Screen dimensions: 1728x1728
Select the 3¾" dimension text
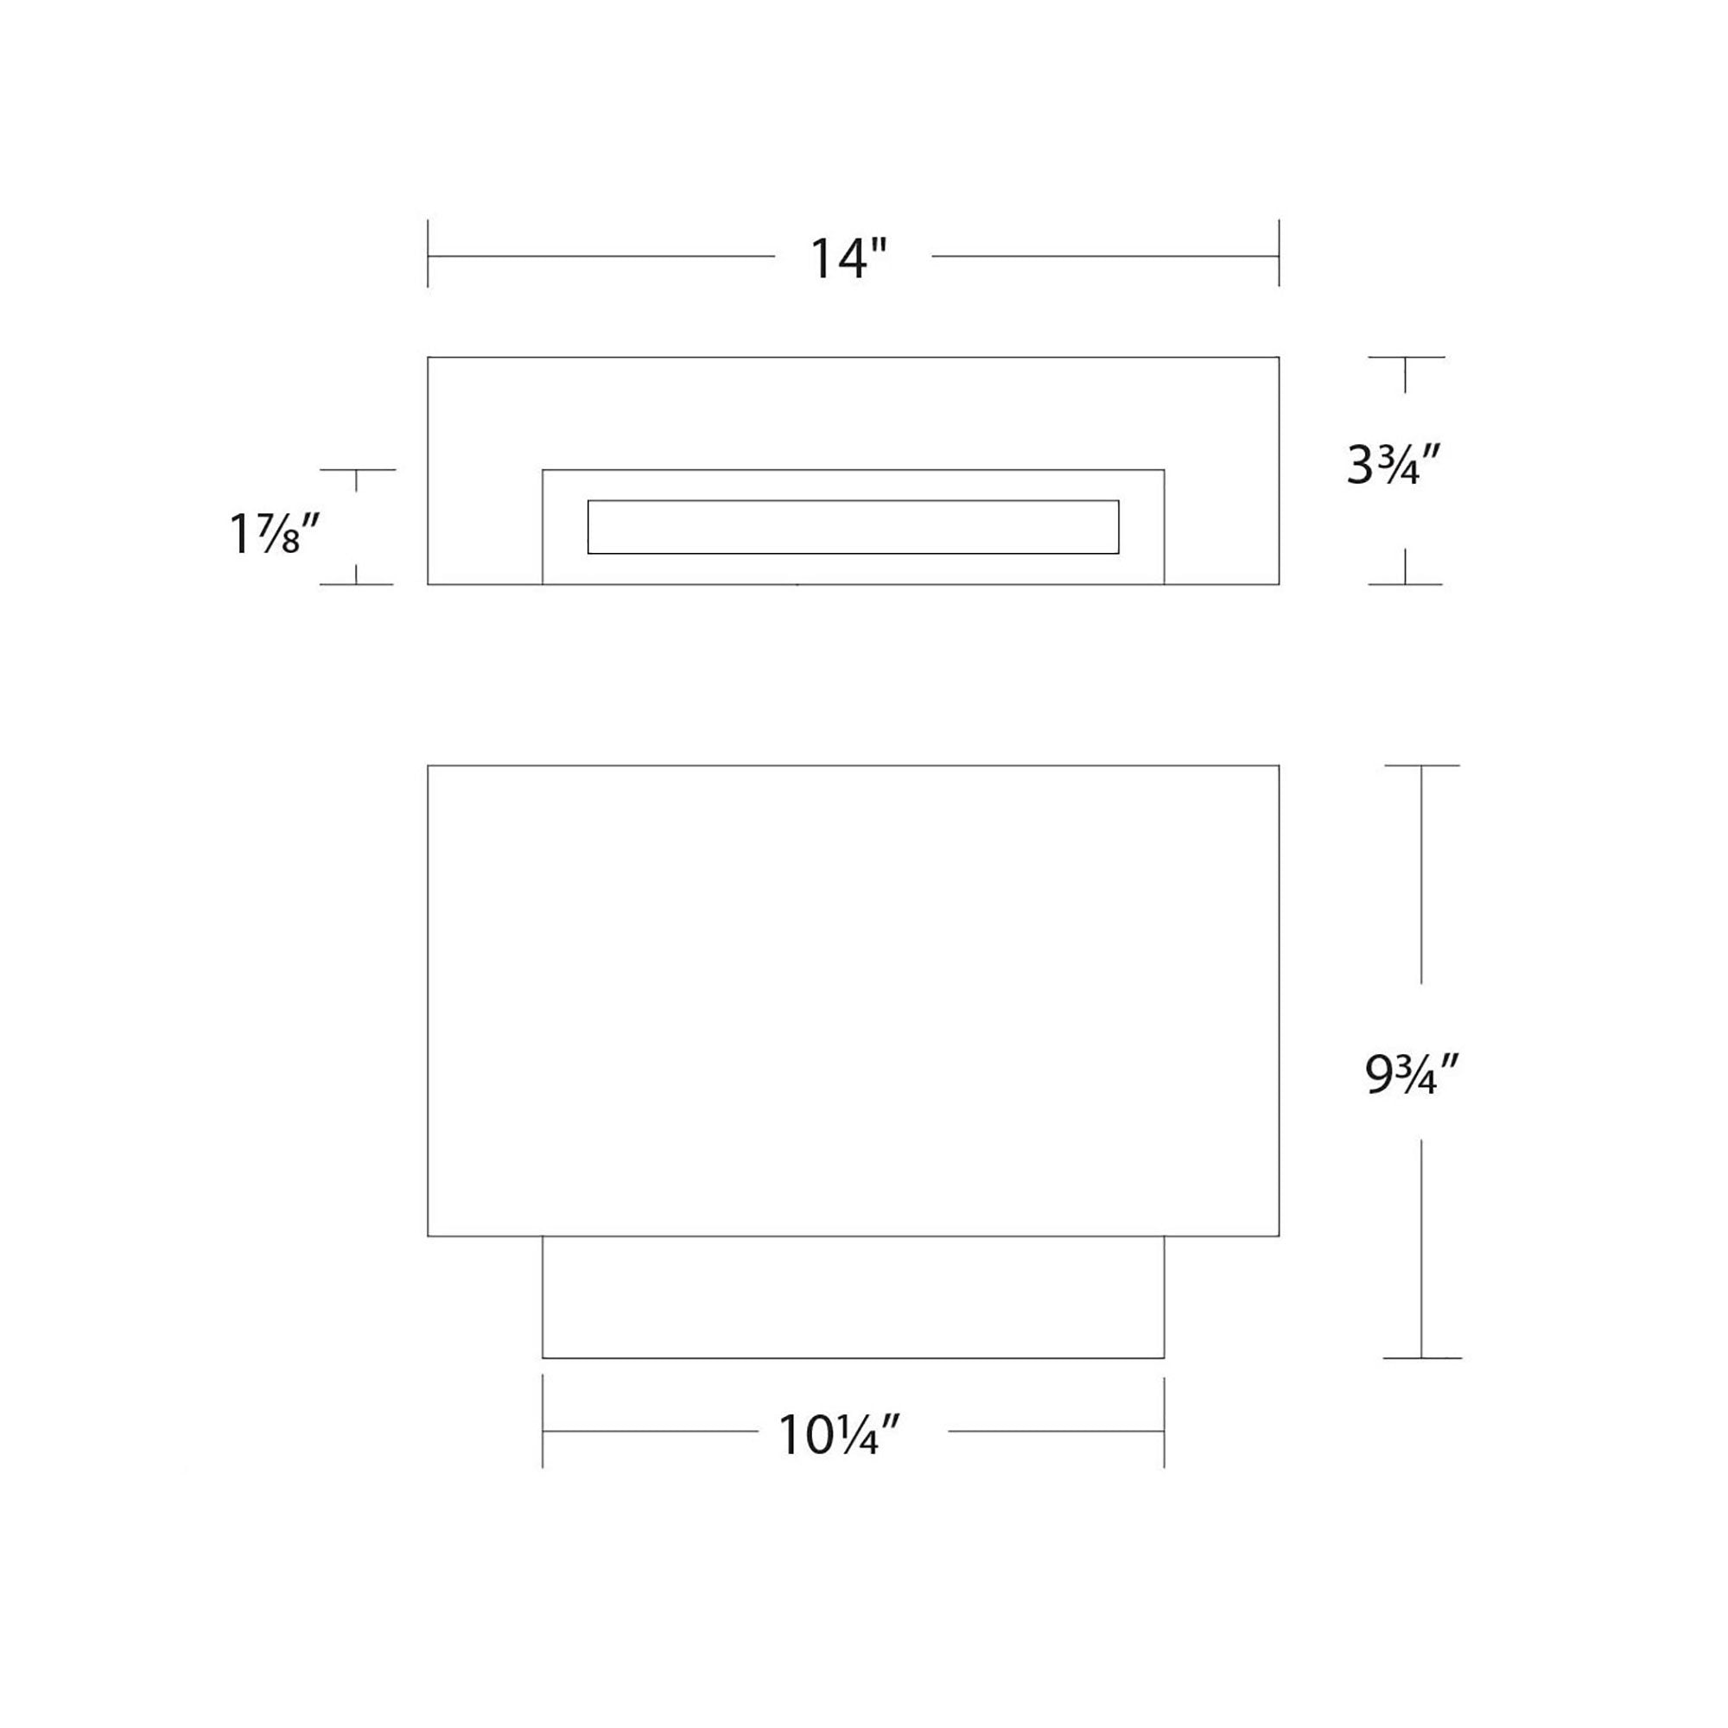coord(1394,466)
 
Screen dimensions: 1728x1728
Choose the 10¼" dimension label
coord(838,1435)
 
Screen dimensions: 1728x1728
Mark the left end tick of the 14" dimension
coord(428,253)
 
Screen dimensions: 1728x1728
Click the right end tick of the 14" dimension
coord(1279,253)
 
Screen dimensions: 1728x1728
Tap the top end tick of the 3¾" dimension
coord(1406,357)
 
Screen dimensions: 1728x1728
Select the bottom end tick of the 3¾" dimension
coord(1406,584)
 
